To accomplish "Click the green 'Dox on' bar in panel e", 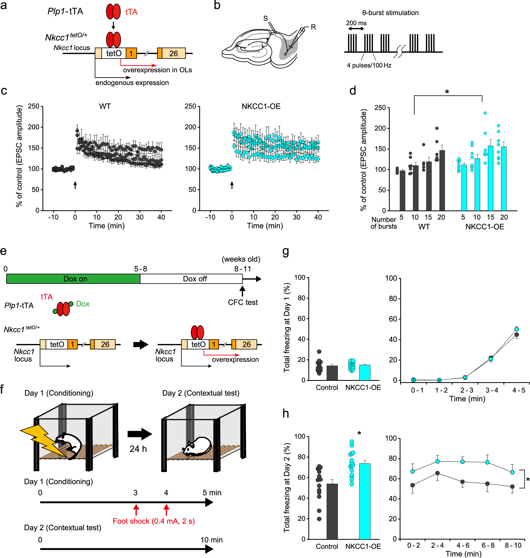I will coord(73,278).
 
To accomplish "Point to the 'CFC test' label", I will coord(243,302).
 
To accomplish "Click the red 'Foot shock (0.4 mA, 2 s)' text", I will coord(154,521).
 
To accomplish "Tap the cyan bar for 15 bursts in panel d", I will coord(491,178).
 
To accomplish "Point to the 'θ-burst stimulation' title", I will coord(390,13).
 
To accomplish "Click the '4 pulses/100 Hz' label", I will coord(369,65).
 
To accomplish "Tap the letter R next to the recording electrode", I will coord(313,27).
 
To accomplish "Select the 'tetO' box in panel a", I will coord(114,53).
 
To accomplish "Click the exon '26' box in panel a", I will coord(173,53).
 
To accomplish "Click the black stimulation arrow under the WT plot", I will coord(75,185).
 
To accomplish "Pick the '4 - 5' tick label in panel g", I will coord(519,390).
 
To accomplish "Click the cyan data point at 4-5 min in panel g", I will coord(516,329).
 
